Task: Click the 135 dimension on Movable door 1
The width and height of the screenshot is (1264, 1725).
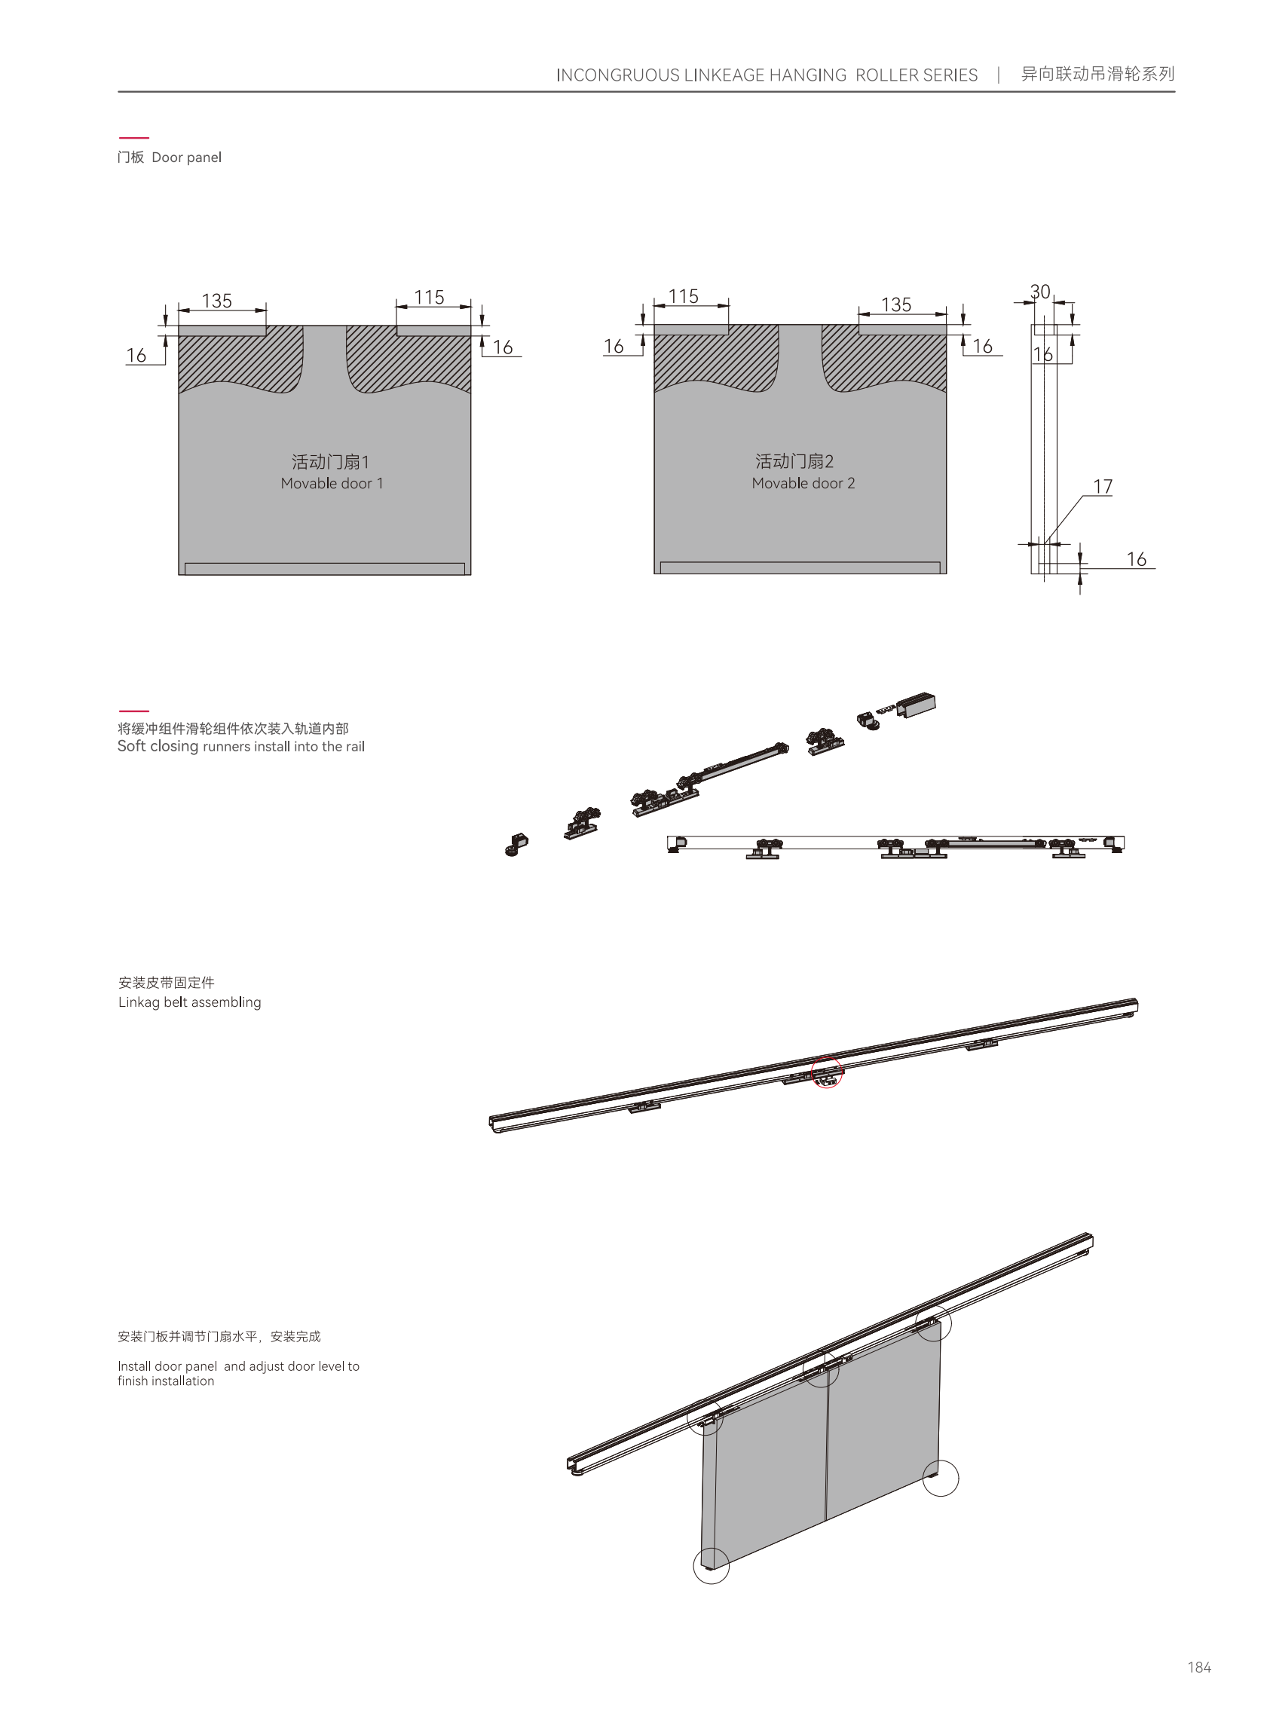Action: coord(216,301)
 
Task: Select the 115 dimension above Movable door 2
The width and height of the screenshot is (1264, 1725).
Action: coord(684,296)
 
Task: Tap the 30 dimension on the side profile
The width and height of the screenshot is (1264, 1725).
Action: coord(1040,292)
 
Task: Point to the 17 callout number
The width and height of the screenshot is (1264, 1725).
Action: coord(1103,487)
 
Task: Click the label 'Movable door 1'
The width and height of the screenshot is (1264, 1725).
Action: coord(332,484)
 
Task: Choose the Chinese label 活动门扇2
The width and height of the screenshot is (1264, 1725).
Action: coord(794,461)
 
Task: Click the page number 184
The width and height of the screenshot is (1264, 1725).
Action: coord(1199,1668)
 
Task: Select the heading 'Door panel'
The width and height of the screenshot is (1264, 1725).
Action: coord(186,158)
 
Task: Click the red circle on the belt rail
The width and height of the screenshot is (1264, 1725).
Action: coord(827,1072)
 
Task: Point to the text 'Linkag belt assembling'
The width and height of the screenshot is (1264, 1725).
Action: coord(190,1002)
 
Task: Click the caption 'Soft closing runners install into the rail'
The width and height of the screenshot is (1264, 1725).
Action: coord(241,747)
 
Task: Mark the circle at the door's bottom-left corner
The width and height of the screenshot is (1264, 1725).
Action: coord(711,1566)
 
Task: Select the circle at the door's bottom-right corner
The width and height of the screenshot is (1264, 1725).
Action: coord(941,1478)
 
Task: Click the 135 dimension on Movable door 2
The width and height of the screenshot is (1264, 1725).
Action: coord(896,304)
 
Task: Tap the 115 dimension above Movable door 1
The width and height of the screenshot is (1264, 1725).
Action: coord(429,297)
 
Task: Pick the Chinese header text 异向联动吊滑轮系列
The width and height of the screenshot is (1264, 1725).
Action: coord(1097,74)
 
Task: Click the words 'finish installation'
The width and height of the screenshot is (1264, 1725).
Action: coord(166,1381)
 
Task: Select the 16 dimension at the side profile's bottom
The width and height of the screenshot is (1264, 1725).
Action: coord(1136,559)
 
